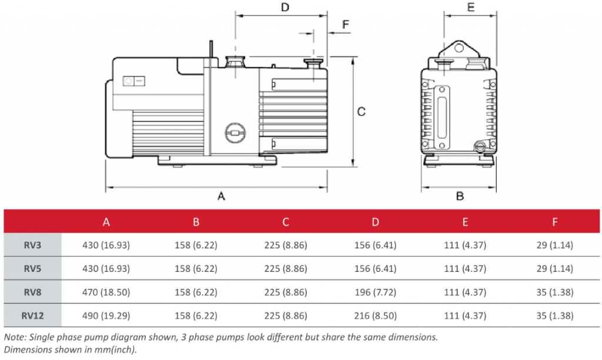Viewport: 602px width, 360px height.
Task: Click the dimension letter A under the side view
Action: [x=222, y=196]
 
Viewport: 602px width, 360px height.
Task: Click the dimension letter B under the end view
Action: [x=460, y=196]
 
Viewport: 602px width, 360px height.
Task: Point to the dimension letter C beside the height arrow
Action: [x=362, y=111]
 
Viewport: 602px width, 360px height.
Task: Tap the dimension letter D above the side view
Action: [x=285, y=8]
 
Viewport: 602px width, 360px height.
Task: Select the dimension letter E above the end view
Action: [x=470, y=8]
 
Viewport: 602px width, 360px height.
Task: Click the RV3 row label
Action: [x=32, y=245]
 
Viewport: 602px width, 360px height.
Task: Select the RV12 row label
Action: [x=32, y=315]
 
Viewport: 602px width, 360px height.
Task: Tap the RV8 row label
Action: [x=32, y=292]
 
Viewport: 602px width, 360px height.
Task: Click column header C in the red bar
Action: [x=286, y=222]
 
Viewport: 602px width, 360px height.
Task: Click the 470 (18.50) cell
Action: [x=106, y=292]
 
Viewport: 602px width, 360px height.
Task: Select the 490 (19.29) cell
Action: [x=106, y=315]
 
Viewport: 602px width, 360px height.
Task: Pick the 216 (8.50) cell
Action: [x=375, y=315]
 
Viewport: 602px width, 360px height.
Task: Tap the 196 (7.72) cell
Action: [x=375, y=292]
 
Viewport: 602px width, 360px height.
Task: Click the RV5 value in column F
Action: [x=555, y=268]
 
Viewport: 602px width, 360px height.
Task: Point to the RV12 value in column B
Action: [x=196, y=315]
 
